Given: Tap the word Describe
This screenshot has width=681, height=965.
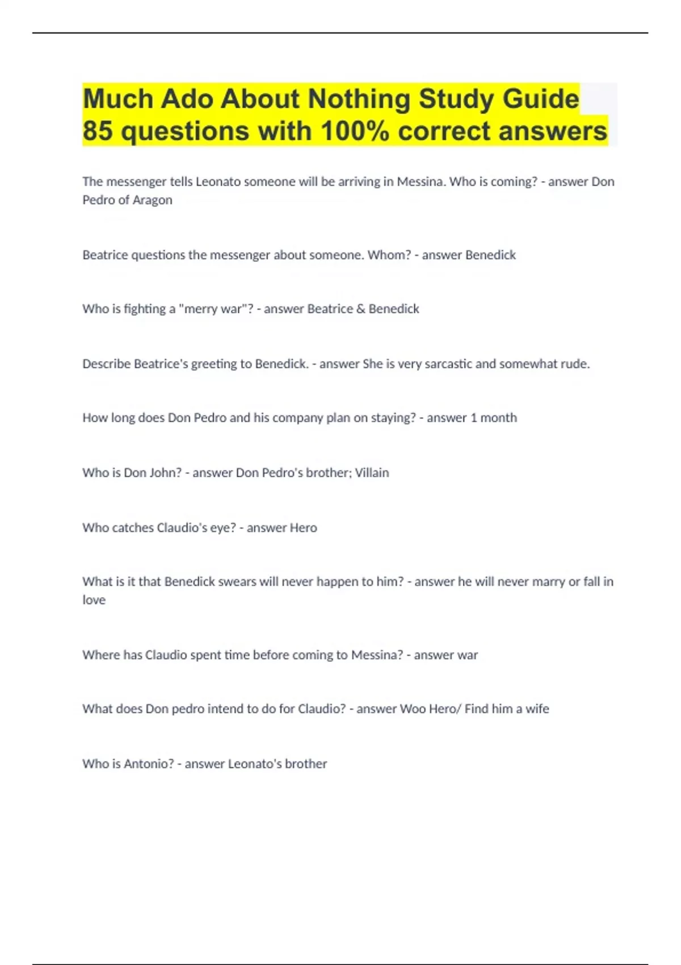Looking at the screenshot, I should tap(106, 364).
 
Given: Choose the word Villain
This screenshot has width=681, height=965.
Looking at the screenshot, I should tap(372, 473).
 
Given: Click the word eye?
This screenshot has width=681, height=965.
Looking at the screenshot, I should tap(223, 528).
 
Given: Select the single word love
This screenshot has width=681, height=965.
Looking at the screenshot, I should tap(94, 600).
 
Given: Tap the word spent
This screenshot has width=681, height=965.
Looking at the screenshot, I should tap(205, 655).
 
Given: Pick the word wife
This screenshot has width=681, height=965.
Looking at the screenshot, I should tap(537, 709).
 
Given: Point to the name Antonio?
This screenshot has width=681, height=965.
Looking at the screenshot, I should tap(149, 764).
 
